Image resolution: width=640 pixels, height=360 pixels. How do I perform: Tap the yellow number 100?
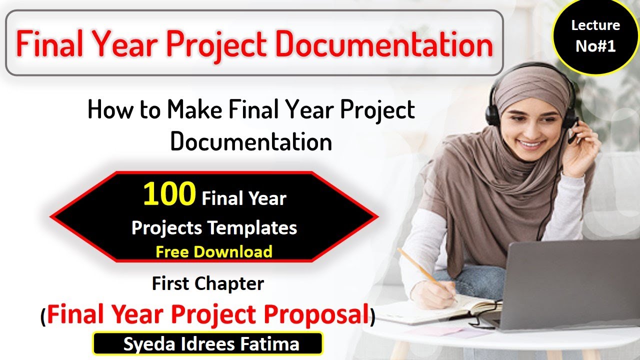tap(169, 195)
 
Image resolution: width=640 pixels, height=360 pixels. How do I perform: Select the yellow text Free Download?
tap(213, 251)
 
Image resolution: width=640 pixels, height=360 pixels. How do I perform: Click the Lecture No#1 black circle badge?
tap(595, 36)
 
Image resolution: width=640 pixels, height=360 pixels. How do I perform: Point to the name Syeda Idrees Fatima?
tap(211, 344)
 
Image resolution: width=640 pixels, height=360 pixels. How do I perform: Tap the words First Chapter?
tap(208, 284)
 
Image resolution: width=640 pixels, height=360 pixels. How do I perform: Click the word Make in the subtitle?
tap(195, 110)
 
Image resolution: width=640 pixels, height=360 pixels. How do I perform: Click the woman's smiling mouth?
tap(531, 145)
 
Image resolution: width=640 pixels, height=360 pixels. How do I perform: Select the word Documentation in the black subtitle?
tap(251, 142)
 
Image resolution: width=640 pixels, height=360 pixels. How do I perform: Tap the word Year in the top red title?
tap(124, 44)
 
